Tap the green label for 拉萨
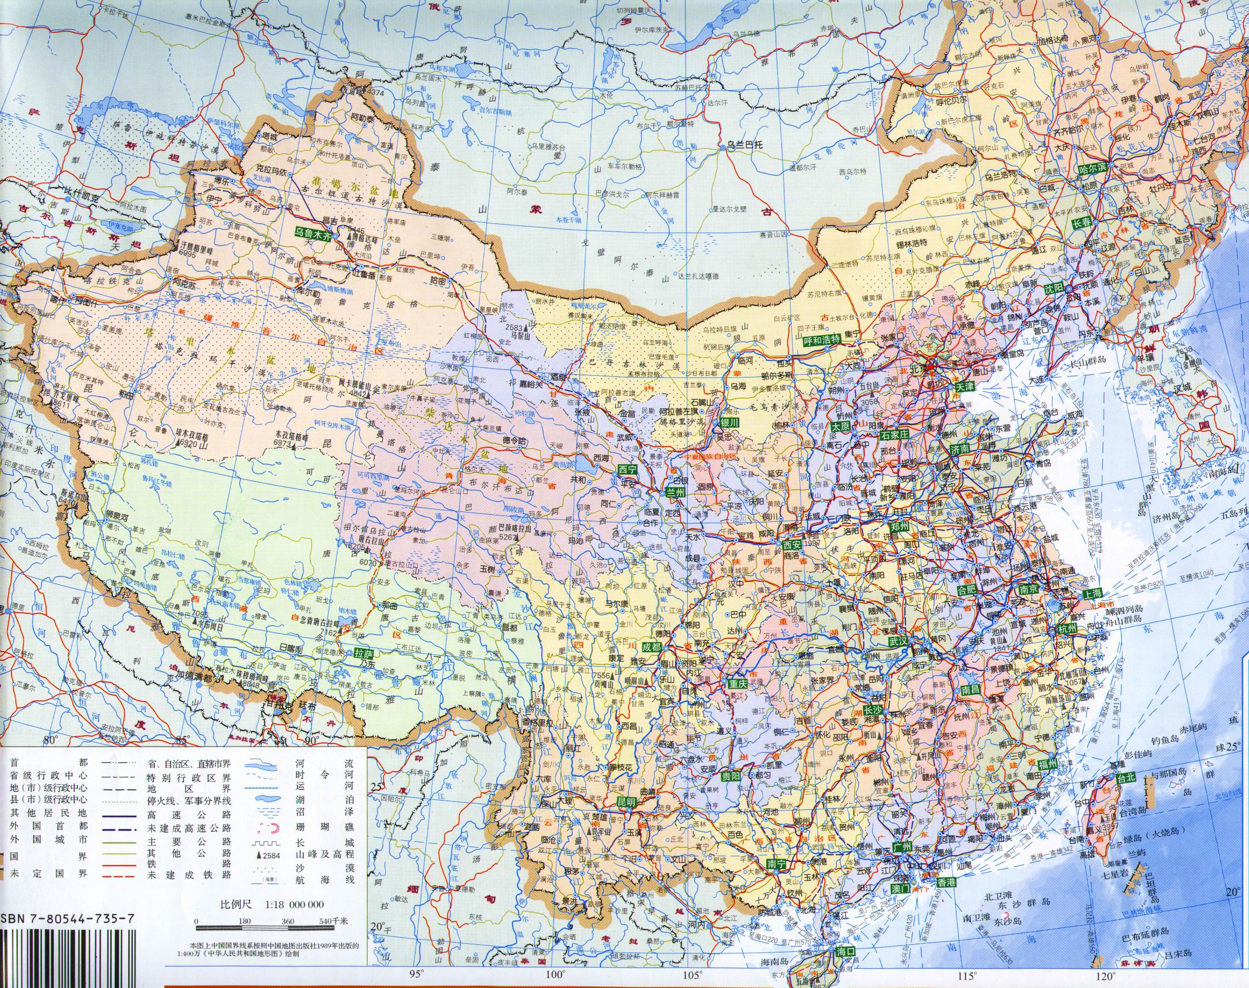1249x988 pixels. point(364,654)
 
